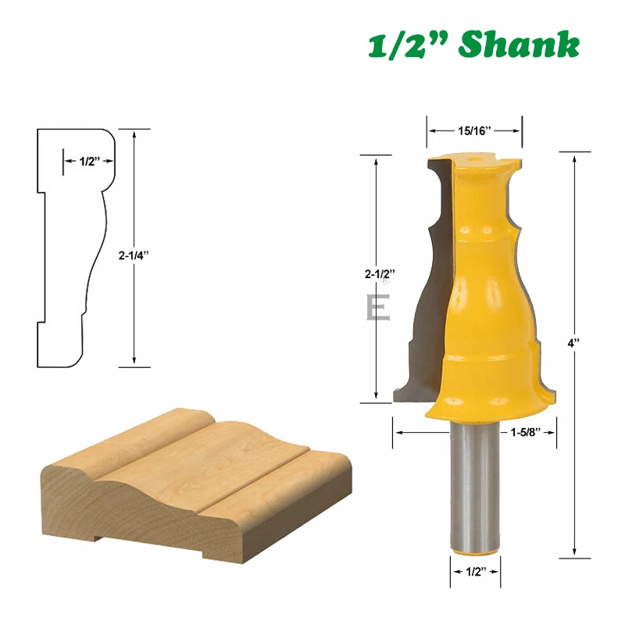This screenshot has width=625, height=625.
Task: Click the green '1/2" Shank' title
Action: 473,45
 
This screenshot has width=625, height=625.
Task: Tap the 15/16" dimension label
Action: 473,130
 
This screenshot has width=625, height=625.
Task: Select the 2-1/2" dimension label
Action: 380,273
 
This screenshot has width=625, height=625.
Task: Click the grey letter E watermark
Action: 378,307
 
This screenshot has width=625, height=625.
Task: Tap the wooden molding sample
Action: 195,484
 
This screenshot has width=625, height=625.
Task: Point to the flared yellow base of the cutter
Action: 484,402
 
